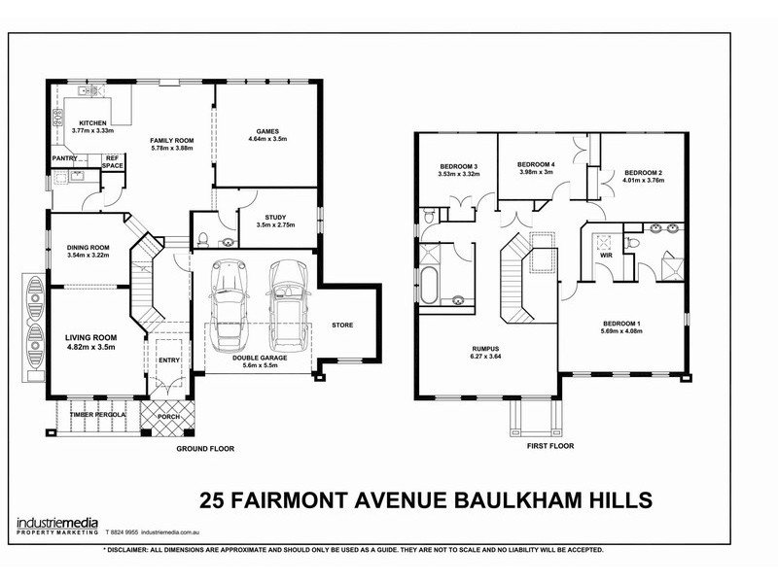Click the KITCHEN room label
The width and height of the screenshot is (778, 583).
coord(92,122)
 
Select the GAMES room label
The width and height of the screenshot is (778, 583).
coord(267,130)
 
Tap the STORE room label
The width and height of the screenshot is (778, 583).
coord(342,325)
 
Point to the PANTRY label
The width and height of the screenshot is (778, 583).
coord(65,157)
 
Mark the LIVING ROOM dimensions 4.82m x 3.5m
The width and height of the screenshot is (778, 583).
coord(90,345)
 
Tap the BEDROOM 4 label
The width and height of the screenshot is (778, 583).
coord(536,164)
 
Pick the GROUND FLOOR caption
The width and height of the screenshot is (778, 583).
coord(205,449)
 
